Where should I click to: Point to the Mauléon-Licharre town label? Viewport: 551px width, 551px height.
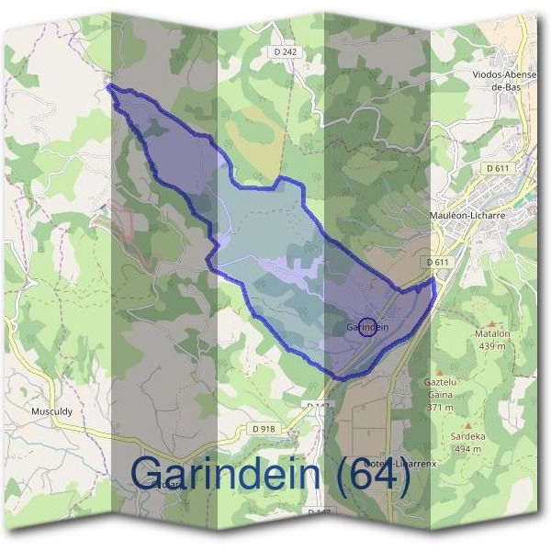tap(468, 217)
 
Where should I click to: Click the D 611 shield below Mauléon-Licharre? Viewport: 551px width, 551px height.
tap(439, 262)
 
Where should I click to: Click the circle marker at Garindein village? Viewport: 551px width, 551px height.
tap(366, 327)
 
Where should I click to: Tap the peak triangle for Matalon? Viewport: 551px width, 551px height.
tap(492, 323)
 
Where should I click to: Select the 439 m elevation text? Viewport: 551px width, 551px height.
tap(491, 346)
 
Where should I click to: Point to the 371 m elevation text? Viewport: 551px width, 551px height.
tap(440, 407)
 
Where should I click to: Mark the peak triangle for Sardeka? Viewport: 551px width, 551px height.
tap(468, 426)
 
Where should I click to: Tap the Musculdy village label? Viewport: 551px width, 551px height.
tap(52, 411)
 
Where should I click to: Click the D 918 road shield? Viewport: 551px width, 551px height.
tap(264, 429)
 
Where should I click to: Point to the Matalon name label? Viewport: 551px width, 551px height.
tap(491, 335)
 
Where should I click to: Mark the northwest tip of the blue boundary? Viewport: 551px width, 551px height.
tap(109, 86)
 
